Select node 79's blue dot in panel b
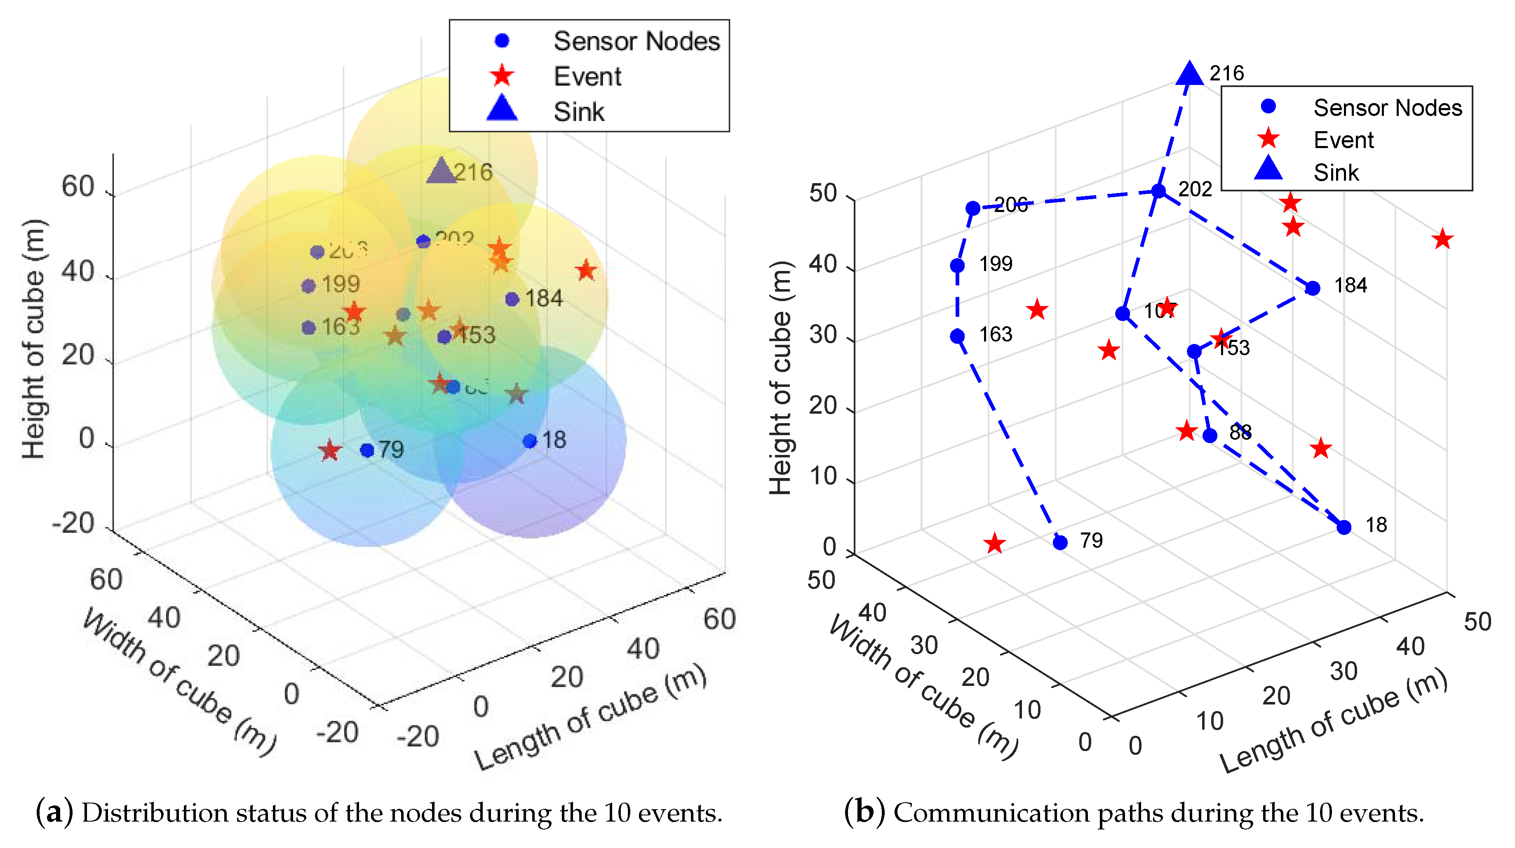coord(1060,542)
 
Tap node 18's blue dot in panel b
coord(1344,527)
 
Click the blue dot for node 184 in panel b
coord(1313,288)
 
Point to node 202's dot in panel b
coord(1158,191)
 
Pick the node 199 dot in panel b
coord(957,265)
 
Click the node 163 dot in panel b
coord(957,336)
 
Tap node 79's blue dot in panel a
coord(367,450)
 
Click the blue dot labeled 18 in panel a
coord(529,441)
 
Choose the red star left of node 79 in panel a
coord(329,451)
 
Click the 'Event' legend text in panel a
coord(587,76)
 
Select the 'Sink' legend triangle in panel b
coord(1268,169)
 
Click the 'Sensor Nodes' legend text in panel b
coord(1387,108)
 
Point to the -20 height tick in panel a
coord(73,523)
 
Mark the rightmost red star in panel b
coord(1442,240)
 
